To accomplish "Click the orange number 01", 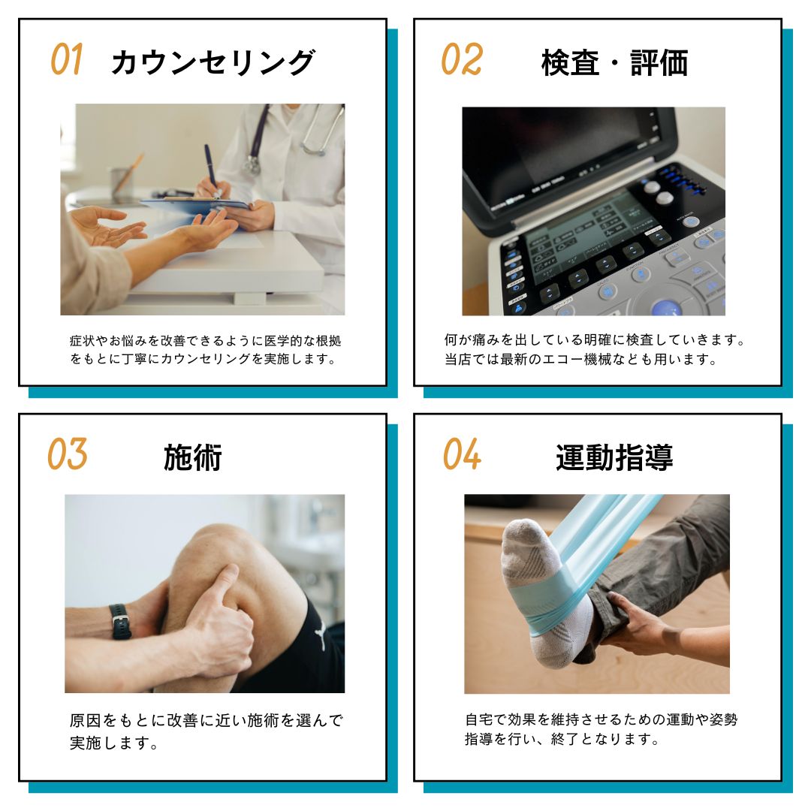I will (67, 60).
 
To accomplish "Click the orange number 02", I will (461, 60).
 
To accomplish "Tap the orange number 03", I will (68, 454).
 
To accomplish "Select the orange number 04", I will (461, 454).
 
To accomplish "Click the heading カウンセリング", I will (213, 62).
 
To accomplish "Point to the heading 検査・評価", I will (614, 63).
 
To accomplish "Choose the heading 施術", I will (193, 457).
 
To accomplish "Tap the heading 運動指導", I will (614, 457).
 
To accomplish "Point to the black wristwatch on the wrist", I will (119, 621).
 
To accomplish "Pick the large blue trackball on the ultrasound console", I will (666, 308).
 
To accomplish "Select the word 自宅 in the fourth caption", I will (477, 719).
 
